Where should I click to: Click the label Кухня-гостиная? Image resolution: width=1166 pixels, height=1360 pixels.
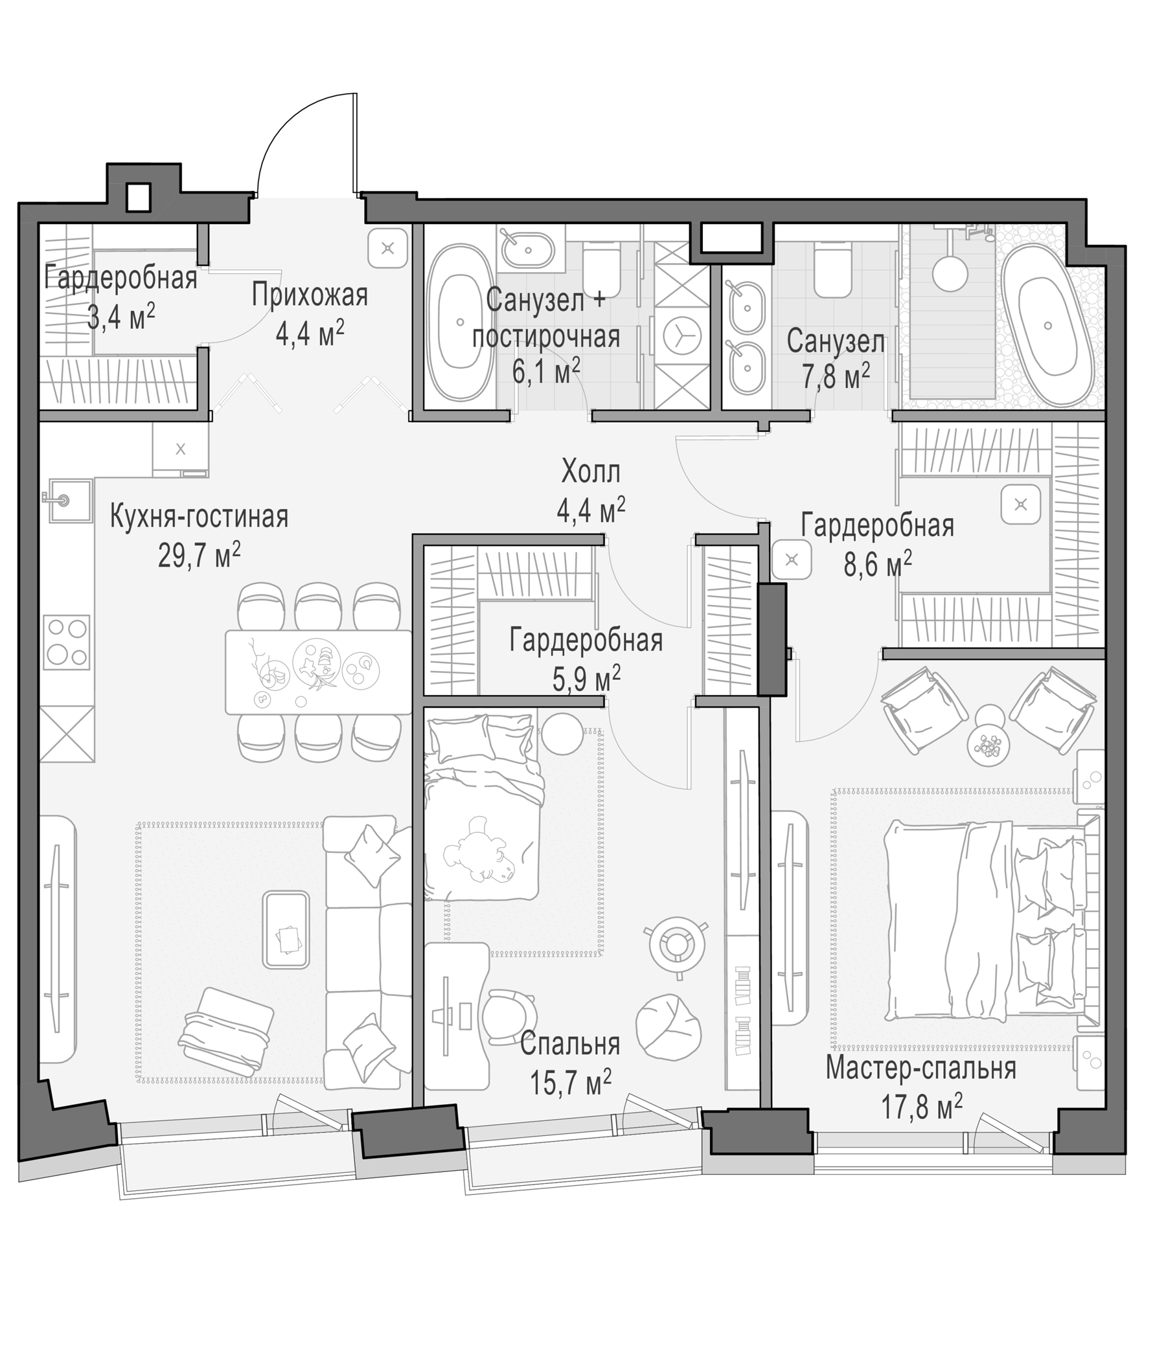pos(199,517)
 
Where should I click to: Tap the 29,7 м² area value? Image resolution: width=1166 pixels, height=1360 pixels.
pos(199,556)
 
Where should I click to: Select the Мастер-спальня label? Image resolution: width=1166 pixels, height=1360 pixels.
pos(920,1069)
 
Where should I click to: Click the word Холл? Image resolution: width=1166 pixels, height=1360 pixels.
pos(591,472)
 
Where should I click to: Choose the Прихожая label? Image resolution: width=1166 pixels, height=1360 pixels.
pos(309,295)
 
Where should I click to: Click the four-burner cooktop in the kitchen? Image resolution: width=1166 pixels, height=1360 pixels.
pos(66,642)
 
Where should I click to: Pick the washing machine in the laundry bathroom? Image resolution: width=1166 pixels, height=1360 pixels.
pos(682,337)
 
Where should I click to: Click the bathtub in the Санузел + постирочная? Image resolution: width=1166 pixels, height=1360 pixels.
pos(459,323)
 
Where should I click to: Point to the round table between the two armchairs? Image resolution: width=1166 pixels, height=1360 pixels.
pos(988,734)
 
